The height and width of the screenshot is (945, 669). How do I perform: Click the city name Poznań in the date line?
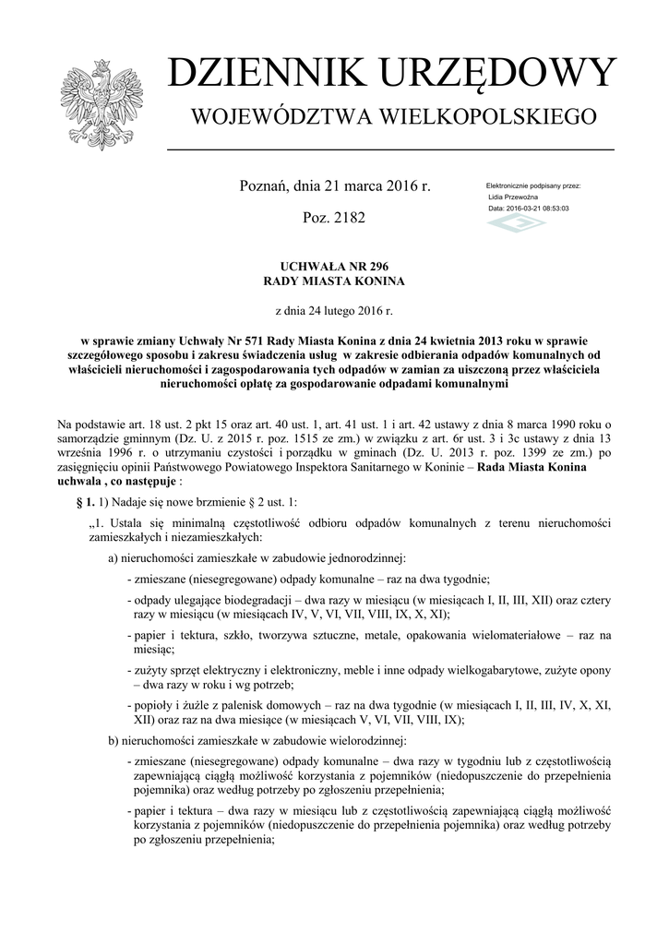[265, 185]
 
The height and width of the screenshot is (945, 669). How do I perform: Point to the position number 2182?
[348, 219]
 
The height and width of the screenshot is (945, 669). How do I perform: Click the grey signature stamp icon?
[516, 224]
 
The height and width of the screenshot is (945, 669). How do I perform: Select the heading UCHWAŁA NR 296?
[334, 265]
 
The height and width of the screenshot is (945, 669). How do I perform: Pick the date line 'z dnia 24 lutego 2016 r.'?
[334, 313]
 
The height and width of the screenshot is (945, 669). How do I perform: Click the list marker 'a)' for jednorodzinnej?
[113, 557]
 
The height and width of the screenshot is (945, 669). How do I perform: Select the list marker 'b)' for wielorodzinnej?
[113, 741]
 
